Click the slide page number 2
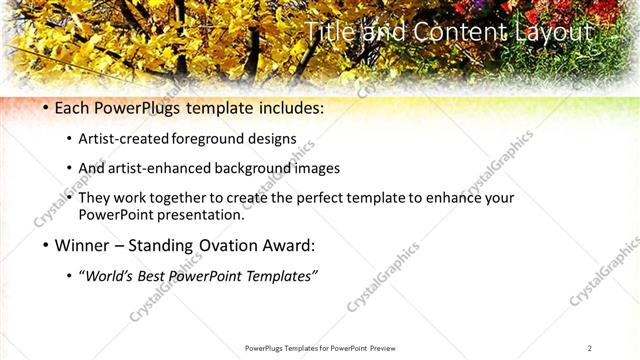click(589, 348)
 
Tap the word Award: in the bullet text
click(287, 245)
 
